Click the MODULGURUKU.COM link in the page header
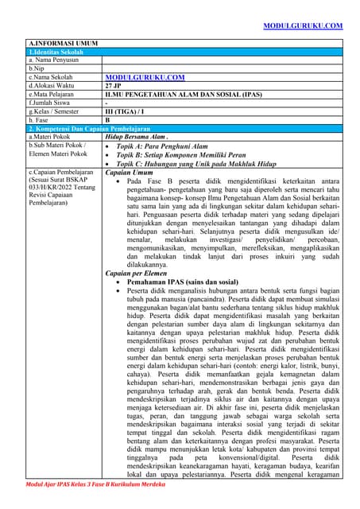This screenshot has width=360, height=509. (x=302, y=26)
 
